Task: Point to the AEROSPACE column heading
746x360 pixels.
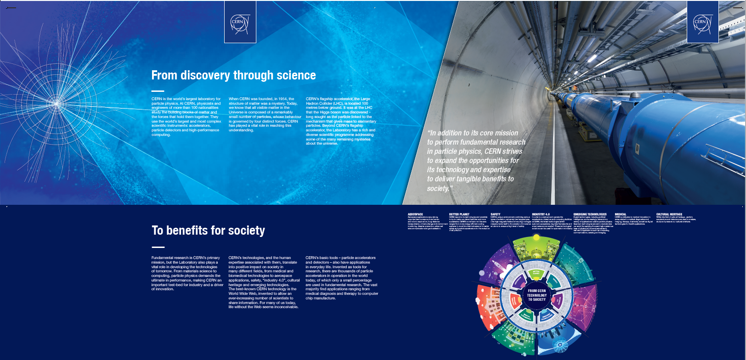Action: [x=415, y=214]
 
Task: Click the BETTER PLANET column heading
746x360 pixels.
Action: [x=459, y=214]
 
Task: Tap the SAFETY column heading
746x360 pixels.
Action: [x=495, y=214]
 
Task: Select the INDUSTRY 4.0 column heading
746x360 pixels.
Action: [x=541, y=214]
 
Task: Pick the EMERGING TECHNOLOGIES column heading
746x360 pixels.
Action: [x=590, y=214]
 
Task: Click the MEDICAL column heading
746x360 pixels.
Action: [x=620, y=214]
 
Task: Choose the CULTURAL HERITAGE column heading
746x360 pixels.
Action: [x=669, y=214]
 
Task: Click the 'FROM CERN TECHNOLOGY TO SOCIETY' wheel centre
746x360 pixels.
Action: [x=537, y=295]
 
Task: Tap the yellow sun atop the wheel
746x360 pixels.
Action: [x=536, y=238]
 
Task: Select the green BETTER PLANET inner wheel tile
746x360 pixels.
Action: [x=536, y=273]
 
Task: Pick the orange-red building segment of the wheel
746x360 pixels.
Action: [x=488, y=307]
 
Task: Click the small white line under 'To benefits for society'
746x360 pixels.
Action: [x=158, y=247]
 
